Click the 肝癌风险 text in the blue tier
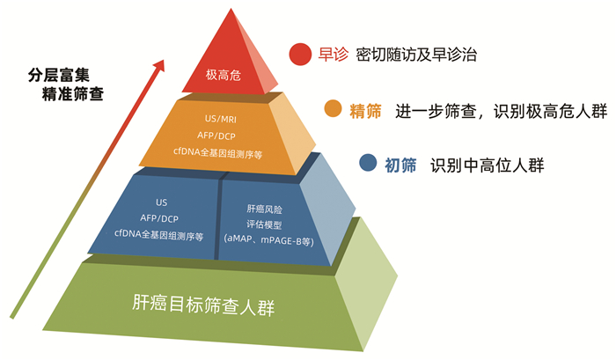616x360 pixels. pos(265,209)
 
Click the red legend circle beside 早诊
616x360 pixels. pos(301,55)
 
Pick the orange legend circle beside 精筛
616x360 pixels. pos(333,109)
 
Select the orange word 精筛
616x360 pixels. pos(365,110)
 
